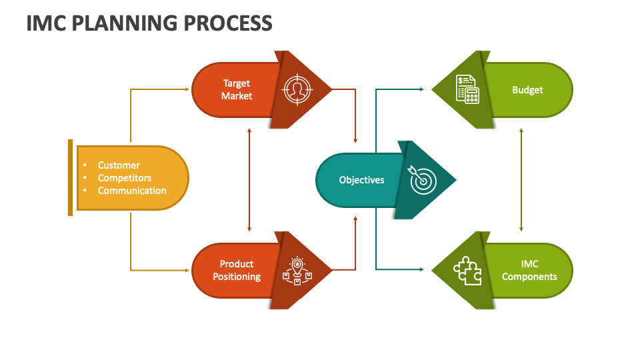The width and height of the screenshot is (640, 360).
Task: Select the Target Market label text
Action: click(237, 89)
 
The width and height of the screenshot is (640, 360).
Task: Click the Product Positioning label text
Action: click(237, 270)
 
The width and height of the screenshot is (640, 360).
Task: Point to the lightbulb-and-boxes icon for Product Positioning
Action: click(297, 271)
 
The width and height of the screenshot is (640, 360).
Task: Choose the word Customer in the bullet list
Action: click(119, 165)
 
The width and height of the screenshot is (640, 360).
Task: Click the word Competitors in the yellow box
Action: click(125, 178)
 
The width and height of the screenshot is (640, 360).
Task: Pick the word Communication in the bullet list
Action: click(132, 191)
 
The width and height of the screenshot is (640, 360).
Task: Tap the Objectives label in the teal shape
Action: click(361, 180)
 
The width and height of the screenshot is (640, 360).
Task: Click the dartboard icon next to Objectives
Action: click(423, 180)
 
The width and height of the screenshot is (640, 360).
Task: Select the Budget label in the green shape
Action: click(527, 90)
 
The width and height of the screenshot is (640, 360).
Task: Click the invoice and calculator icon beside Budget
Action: click(467, 89)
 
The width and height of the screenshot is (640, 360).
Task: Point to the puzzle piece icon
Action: click(467, 271)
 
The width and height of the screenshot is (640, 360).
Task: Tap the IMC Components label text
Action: click(529, 270)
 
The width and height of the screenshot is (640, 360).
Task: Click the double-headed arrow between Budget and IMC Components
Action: click(521, 180)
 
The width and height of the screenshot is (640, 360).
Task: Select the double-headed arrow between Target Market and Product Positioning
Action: click(249, 180)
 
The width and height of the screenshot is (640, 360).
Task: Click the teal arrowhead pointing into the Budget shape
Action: click(421, 89)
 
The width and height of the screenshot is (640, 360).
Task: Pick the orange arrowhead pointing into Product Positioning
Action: click(187, 270)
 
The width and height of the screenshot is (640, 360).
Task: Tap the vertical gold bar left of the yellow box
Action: click(70, 177)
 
